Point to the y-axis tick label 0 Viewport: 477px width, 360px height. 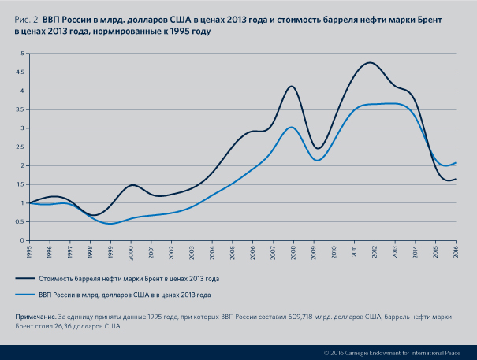click(24, 240)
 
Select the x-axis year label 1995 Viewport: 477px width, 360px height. click(29, 251)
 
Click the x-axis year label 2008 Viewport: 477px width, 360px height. click(293, 251)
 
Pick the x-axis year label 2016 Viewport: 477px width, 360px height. click(456, 251)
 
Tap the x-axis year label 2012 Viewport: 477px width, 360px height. click(375, 251)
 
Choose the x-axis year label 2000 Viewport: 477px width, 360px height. click(131, 251)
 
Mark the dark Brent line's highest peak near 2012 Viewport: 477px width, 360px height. click(370, 63)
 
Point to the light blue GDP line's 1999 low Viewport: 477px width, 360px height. click(110, 224)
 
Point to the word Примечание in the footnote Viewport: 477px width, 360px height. click(35, 316)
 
